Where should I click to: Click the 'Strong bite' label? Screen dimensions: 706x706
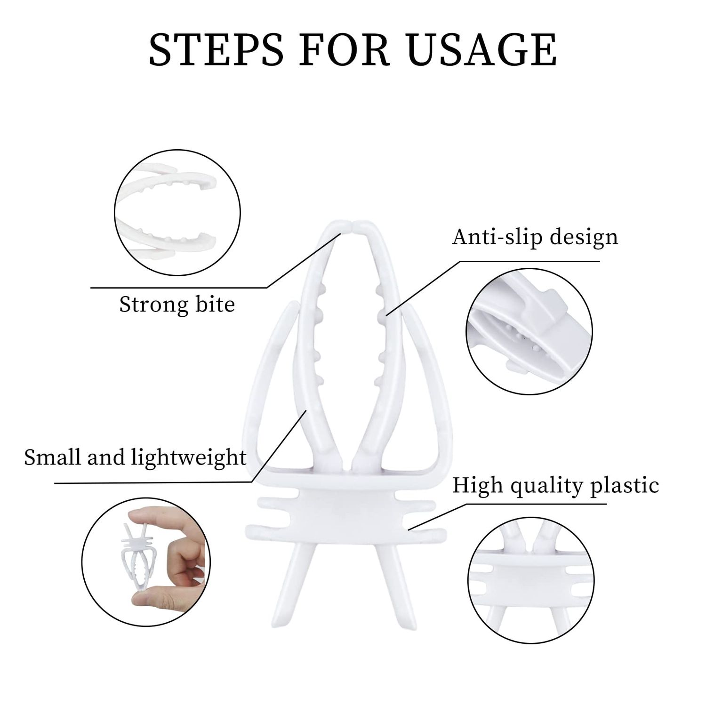(x=177, y=305)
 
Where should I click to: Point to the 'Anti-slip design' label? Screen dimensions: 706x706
(x=535, y=237)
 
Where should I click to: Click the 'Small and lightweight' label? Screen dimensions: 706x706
(x=136, y=457)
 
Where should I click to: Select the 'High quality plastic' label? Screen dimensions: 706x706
(x=555, y=486)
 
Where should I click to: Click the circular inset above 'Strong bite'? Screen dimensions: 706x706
(x=177, y=213)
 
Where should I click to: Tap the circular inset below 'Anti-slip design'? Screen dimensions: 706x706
(x=529, y=331)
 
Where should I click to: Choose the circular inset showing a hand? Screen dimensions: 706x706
(x=146, y=562)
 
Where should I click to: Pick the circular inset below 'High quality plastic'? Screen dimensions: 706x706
(x=531, y=579)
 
